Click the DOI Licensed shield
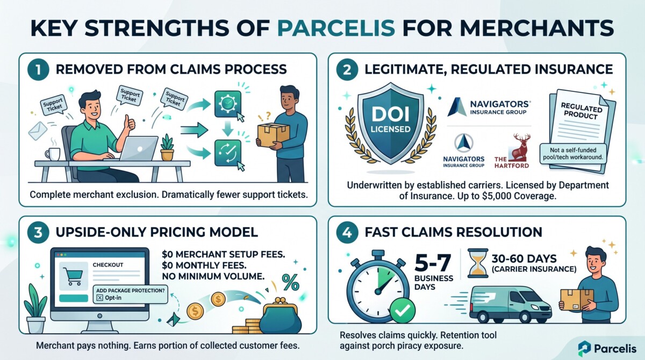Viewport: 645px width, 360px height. coord(391,123)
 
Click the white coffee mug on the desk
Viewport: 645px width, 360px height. coord(52,154)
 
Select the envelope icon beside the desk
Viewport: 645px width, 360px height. coord(38,130)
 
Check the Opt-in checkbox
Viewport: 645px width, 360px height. coord(98,298)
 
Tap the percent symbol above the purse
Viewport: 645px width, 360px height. coord(291,282)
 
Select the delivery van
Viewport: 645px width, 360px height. coord(509,304)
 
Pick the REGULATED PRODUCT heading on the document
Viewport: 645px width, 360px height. coord(572,112)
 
